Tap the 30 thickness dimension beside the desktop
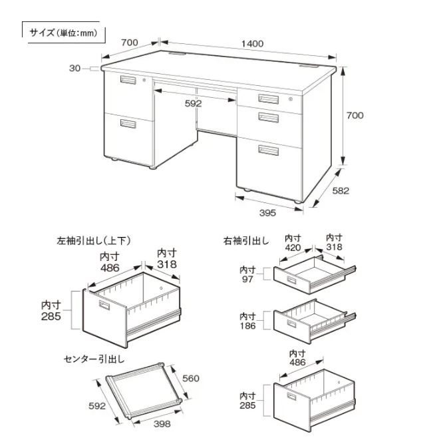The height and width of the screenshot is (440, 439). [x=74, y=68]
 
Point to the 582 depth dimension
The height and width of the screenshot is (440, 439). [x=341, y=190]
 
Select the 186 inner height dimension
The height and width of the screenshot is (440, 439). [x=248, y=320]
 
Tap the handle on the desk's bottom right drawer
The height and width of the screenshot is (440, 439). [x=269, y=149]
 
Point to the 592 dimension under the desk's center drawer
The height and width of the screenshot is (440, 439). [x=194, y=103]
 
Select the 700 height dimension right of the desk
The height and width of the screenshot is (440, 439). [x=355, y=115]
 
